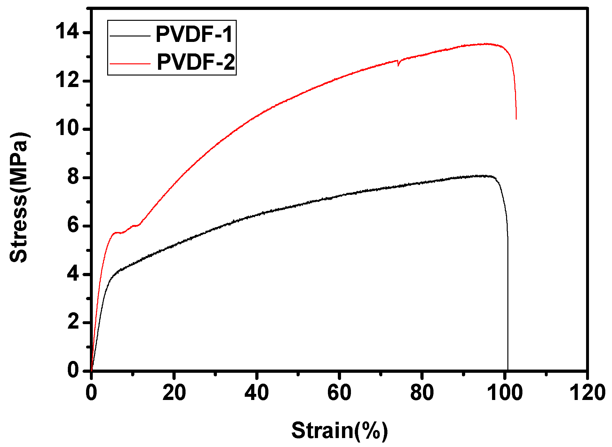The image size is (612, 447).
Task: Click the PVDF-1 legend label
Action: (194, 34)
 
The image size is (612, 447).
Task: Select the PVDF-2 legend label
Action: (196, 62)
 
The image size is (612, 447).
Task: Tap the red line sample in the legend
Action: (130, 63)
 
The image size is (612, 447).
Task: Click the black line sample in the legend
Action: (130, 36)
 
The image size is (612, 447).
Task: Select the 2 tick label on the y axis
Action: (73, 322)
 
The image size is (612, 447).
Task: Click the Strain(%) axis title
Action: (339, 430)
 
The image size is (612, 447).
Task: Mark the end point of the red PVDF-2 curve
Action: (516, 119)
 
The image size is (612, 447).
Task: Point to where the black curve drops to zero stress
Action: (508, 370)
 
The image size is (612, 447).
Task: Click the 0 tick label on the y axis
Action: (73, 370)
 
